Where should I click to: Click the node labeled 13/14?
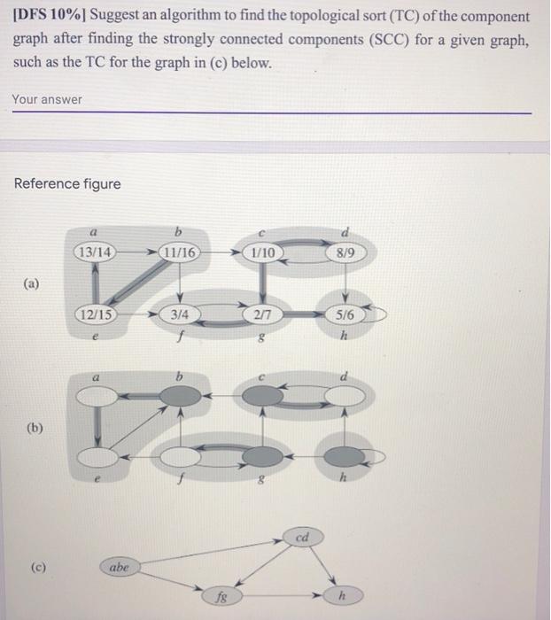point(95,252)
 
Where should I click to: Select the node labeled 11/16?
point(181,252)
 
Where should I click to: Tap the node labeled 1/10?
point(263,252)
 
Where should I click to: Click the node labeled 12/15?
point(95,314)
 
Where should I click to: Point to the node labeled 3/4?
point(181,314)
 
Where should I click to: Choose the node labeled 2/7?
point(263,314)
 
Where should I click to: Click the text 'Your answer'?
point(47,99)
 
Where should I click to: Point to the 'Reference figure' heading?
point(67,183)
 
